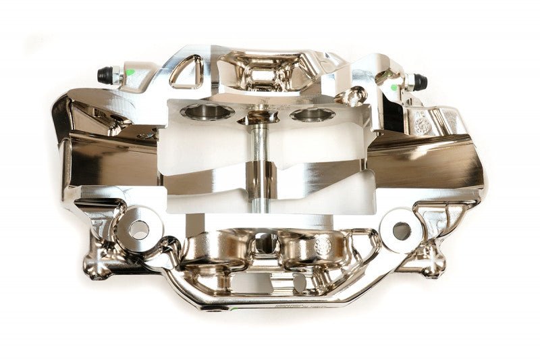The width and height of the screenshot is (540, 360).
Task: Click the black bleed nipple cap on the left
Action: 105,74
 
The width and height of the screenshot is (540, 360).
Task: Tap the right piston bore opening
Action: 313,115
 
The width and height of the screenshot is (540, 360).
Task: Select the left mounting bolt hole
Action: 139,230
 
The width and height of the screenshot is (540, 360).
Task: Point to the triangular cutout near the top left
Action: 186,71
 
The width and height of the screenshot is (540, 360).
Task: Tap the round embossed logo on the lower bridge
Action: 323,246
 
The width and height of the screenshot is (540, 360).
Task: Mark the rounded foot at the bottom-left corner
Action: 97,269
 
